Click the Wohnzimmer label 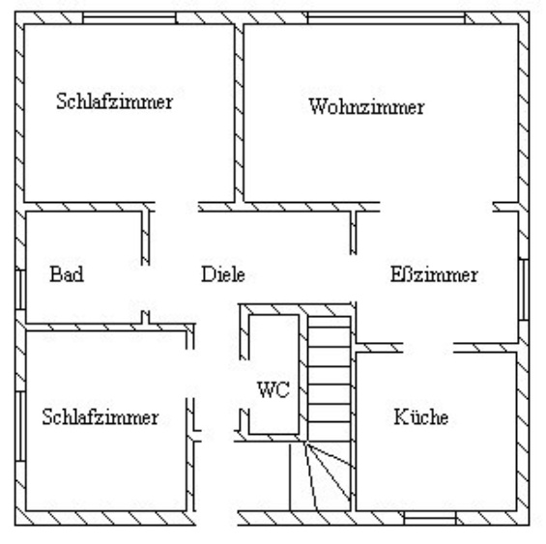(366, 106)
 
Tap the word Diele (223, 274)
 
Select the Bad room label (67, 273)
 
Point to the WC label (273, 389)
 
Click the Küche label (421, 416)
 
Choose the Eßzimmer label (434, 274)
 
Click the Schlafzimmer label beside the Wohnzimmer (115, 101)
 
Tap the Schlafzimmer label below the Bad (101, 416)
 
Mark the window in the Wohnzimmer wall (387, 17)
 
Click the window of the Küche (430, 518)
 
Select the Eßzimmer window (524, 289)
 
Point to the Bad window (20, 290)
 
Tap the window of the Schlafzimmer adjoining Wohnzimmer (129, 17)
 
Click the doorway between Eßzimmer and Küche (428, 348)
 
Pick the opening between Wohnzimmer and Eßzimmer (436, 207)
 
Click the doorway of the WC (244, 385)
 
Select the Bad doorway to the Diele (146, 288)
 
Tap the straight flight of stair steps (330, 379)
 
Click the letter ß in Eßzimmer (407, 274)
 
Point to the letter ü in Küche (416, 418)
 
